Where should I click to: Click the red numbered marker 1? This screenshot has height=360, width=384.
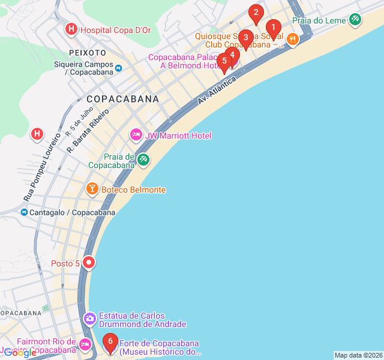click(273, 28)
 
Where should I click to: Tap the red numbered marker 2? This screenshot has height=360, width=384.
click(256, 13)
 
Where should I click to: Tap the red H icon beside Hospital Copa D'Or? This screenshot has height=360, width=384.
click(71, 29)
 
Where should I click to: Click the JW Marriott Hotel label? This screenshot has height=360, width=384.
click(178, 136)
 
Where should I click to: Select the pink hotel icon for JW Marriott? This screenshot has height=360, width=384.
click(136, 136)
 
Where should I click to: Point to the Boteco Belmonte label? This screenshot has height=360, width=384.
click(133, 190)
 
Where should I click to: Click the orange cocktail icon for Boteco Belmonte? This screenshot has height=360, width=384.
click(92, 190)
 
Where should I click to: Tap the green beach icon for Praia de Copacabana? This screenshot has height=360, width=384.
click(143, 160)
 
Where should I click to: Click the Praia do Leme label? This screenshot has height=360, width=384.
click(319, 20)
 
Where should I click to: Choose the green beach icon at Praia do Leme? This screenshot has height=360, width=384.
click(355, 20)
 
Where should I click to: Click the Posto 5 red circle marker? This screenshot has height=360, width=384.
click(89, 262)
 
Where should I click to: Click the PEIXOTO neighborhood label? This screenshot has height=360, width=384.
click(88, 53)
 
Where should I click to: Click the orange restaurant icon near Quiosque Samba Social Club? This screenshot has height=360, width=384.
click(292, 39)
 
